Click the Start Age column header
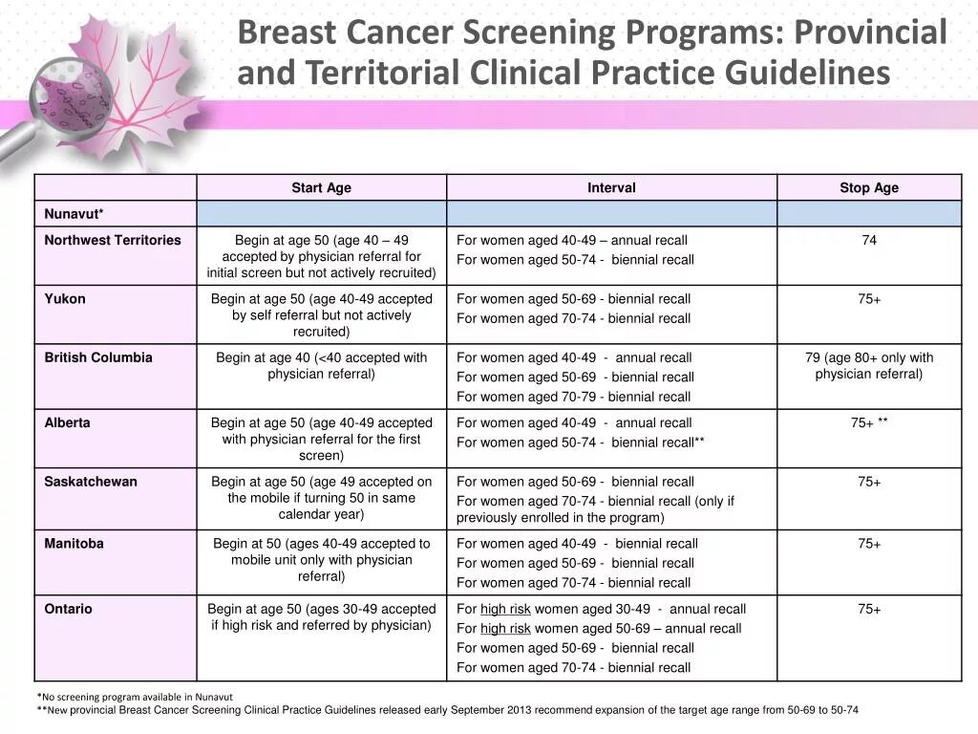pyautogui.click(x=321, y=188)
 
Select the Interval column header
pyautogui.click(x=611, y=188)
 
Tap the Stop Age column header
pyautogui.click(x=869, y=188)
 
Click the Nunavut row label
pyautogui.click(x=74, y=214)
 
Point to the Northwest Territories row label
pyautogui.click(x=113, y=241)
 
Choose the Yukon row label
pyautogui.click(x=65, y=299)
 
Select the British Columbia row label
pyautogui.click(x=98, y=357)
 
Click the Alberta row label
pyautogui.click(x=67, y=422)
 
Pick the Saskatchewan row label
pyautogui.click(x=91, y=482)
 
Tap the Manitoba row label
pyautogui.click(x=74, y=544)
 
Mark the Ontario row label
pyautogui.click(x=69, y=609)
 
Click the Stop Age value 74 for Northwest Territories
pyautogui.click(x=869, y=241)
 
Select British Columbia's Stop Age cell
pyautogui.click(x=869, y=366)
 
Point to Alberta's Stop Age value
pyautogui.click(x=869, y=423)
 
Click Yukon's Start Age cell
pyautogui.click(x=322, y=315)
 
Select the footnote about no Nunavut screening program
pyautogui.click(x=138, y=697)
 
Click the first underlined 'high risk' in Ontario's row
pyautogui.click(x=505, y=609)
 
